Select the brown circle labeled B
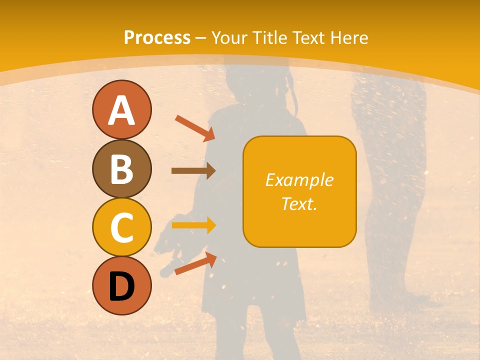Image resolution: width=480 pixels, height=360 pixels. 121,168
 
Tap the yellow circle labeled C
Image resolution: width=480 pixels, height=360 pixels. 121,227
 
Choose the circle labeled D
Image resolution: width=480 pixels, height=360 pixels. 121,285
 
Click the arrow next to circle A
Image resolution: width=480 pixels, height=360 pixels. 195,128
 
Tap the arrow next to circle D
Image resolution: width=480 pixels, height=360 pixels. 195,263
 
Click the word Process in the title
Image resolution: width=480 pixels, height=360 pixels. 157,37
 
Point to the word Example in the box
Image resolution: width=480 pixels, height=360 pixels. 299,180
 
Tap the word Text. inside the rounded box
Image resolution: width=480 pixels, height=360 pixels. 299,203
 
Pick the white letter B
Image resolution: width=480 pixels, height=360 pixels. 121,169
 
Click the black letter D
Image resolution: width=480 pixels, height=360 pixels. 121,286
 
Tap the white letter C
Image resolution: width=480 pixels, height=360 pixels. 121,227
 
